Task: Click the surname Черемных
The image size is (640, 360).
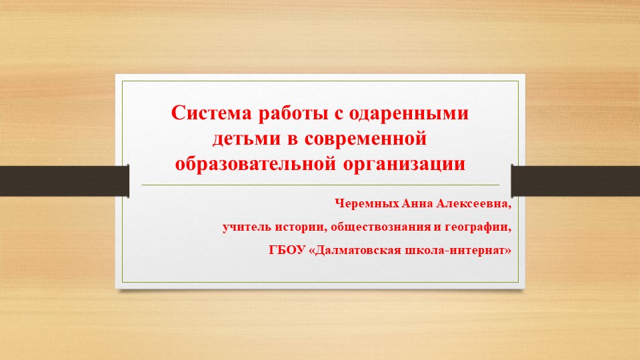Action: pyautogui.click(x=367, y=203)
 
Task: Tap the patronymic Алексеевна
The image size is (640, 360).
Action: pyautogui.click(x=473, y=204)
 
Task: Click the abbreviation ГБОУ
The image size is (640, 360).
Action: pyautogui.click(x=287, y=250)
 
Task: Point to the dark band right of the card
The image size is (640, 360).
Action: pyautogui.click(x=575, y=181)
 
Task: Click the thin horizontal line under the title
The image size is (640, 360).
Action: pyautogui.click(x=321, y=185)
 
